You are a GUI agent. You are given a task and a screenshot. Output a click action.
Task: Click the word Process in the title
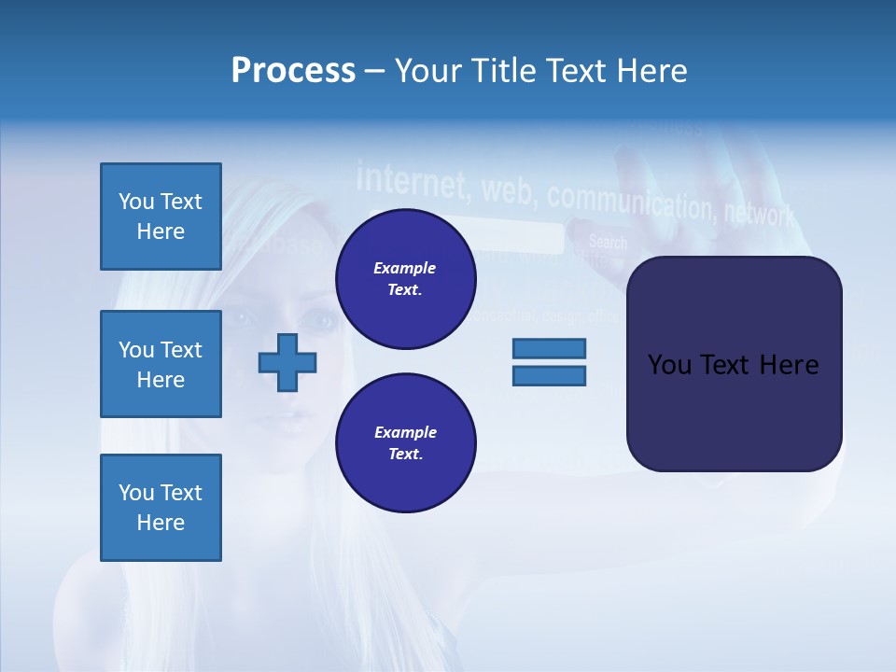click(x=293, y=71)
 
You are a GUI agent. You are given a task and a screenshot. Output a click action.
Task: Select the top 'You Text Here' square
click(x=161, y=217)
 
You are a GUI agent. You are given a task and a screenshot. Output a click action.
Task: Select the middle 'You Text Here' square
click(x=161, y=364)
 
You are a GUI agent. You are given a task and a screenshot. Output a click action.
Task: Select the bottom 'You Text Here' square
click(x=161, y=508)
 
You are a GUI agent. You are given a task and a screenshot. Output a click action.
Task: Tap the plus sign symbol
click(x=287, y=362)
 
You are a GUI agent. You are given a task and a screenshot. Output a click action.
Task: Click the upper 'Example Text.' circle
click(x=405, y=279)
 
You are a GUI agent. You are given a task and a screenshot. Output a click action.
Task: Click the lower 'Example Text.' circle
click(x=405, y=443)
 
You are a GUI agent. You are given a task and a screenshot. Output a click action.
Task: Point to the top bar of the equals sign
click(x=549, y=348)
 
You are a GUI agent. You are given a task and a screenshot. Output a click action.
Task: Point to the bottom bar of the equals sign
click(x=549, y=376)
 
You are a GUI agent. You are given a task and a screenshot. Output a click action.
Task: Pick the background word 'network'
click(x=759, y=214)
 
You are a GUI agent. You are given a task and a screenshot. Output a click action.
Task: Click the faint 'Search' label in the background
click(x=608, y=243)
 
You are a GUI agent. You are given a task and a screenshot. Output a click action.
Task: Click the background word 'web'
click(x=509, y=190)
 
